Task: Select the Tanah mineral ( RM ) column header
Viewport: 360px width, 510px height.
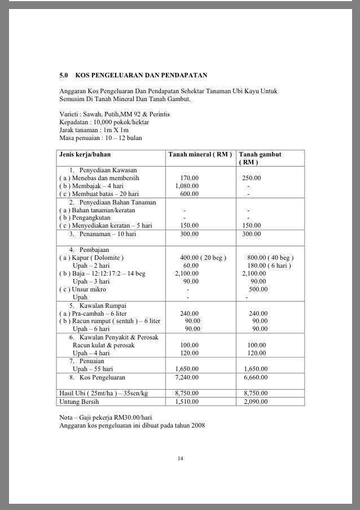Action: tap(200, 154)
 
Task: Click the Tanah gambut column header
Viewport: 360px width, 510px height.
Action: tap(260, 154)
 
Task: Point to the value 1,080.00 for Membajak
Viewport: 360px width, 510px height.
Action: tap(186, 185)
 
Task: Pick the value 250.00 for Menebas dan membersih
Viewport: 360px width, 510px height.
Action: tap(252, 177)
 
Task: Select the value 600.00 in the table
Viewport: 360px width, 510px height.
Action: tap(189, 193)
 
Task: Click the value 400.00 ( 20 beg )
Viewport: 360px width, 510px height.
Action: tap(203, 258)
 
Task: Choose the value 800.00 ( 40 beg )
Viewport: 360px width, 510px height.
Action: tap(270, 258)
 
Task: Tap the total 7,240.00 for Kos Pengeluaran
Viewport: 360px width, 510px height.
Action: tap(186, 377)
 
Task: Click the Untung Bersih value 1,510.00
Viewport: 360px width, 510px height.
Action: tap(186, 402)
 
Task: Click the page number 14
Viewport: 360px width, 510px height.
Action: tap(180, 458)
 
